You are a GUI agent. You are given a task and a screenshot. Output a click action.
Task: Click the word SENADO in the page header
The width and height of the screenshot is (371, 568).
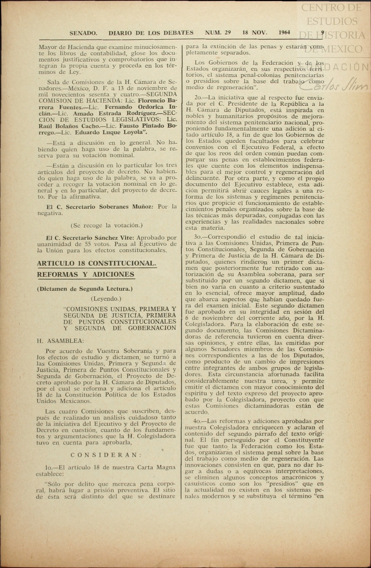coord(83,33)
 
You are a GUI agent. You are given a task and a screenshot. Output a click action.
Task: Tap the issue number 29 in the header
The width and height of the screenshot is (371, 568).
coord(228,32)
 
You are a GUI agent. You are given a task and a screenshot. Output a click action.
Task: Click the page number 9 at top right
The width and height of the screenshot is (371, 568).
coord(323,32)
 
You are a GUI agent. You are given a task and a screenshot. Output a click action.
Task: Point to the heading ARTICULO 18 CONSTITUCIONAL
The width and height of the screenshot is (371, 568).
coord(97,263)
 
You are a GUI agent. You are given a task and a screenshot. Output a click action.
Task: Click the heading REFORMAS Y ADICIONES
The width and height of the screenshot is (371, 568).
coord(86,274)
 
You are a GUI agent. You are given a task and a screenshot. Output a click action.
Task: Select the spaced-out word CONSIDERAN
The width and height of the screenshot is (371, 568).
coord(107,455)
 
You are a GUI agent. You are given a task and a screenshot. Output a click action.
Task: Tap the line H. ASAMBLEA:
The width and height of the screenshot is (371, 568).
coord(60,341)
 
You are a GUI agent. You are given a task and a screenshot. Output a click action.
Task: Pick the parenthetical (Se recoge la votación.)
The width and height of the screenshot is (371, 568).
coord(107,225)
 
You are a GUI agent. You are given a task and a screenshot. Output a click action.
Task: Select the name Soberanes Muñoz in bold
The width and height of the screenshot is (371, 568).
coord(126,207)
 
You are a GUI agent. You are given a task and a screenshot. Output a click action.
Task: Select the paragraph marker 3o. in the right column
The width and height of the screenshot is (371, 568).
coord(198,237)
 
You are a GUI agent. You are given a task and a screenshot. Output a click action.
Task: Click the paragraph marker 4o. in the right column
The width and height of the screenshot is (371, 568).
coord(198,421)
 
